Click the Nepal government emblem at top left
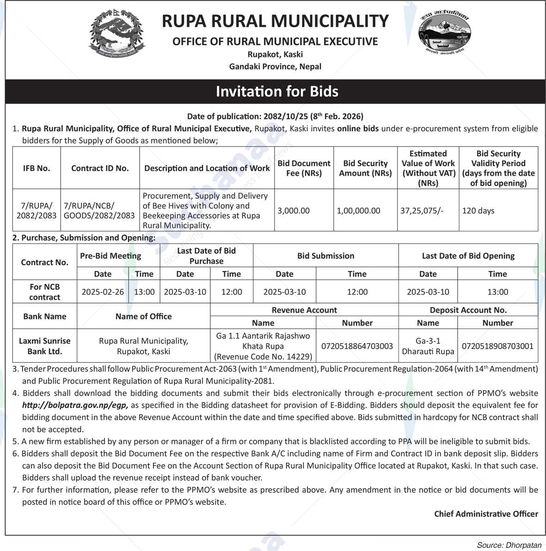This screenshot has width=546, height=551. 117,36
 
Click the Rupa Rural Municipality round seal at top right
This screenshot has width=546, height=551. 444,35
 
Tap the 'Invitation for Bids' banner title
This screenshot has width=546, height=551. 277,91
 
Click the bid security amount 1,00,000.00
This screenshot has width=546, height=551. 358,211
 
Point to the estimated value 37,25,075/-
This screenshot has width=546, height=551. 422,211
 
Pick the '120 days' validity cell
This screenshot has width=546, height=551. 478,211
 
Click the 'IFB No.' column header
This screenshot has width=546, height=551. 37,168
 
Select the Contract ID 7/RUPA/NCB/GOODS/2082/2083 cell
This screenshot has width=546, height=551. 99,211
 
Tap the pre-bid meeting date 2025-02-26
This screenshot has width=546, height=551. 103,292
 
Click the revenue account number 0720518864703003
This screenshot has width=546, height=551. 357,346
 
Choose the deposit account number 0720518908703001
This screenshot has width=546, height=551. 497,346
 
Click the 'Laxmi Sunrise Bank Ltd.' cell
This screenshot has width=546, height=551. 45,346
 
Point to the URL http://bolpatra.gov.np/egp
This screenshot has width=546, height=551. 74,405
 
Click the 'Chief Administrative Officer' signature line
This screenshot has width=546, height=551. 486,514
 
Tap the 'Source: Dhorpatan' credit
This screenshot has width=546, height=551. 509,545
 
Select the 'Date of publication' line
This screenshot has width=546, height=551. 275,116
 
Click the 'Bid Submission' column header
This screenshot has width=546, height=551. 325,255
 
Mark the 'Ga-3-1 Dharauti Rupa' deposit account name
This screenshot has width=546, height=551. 428,346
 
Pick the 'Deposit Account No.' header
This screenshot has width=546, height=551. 468,310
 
